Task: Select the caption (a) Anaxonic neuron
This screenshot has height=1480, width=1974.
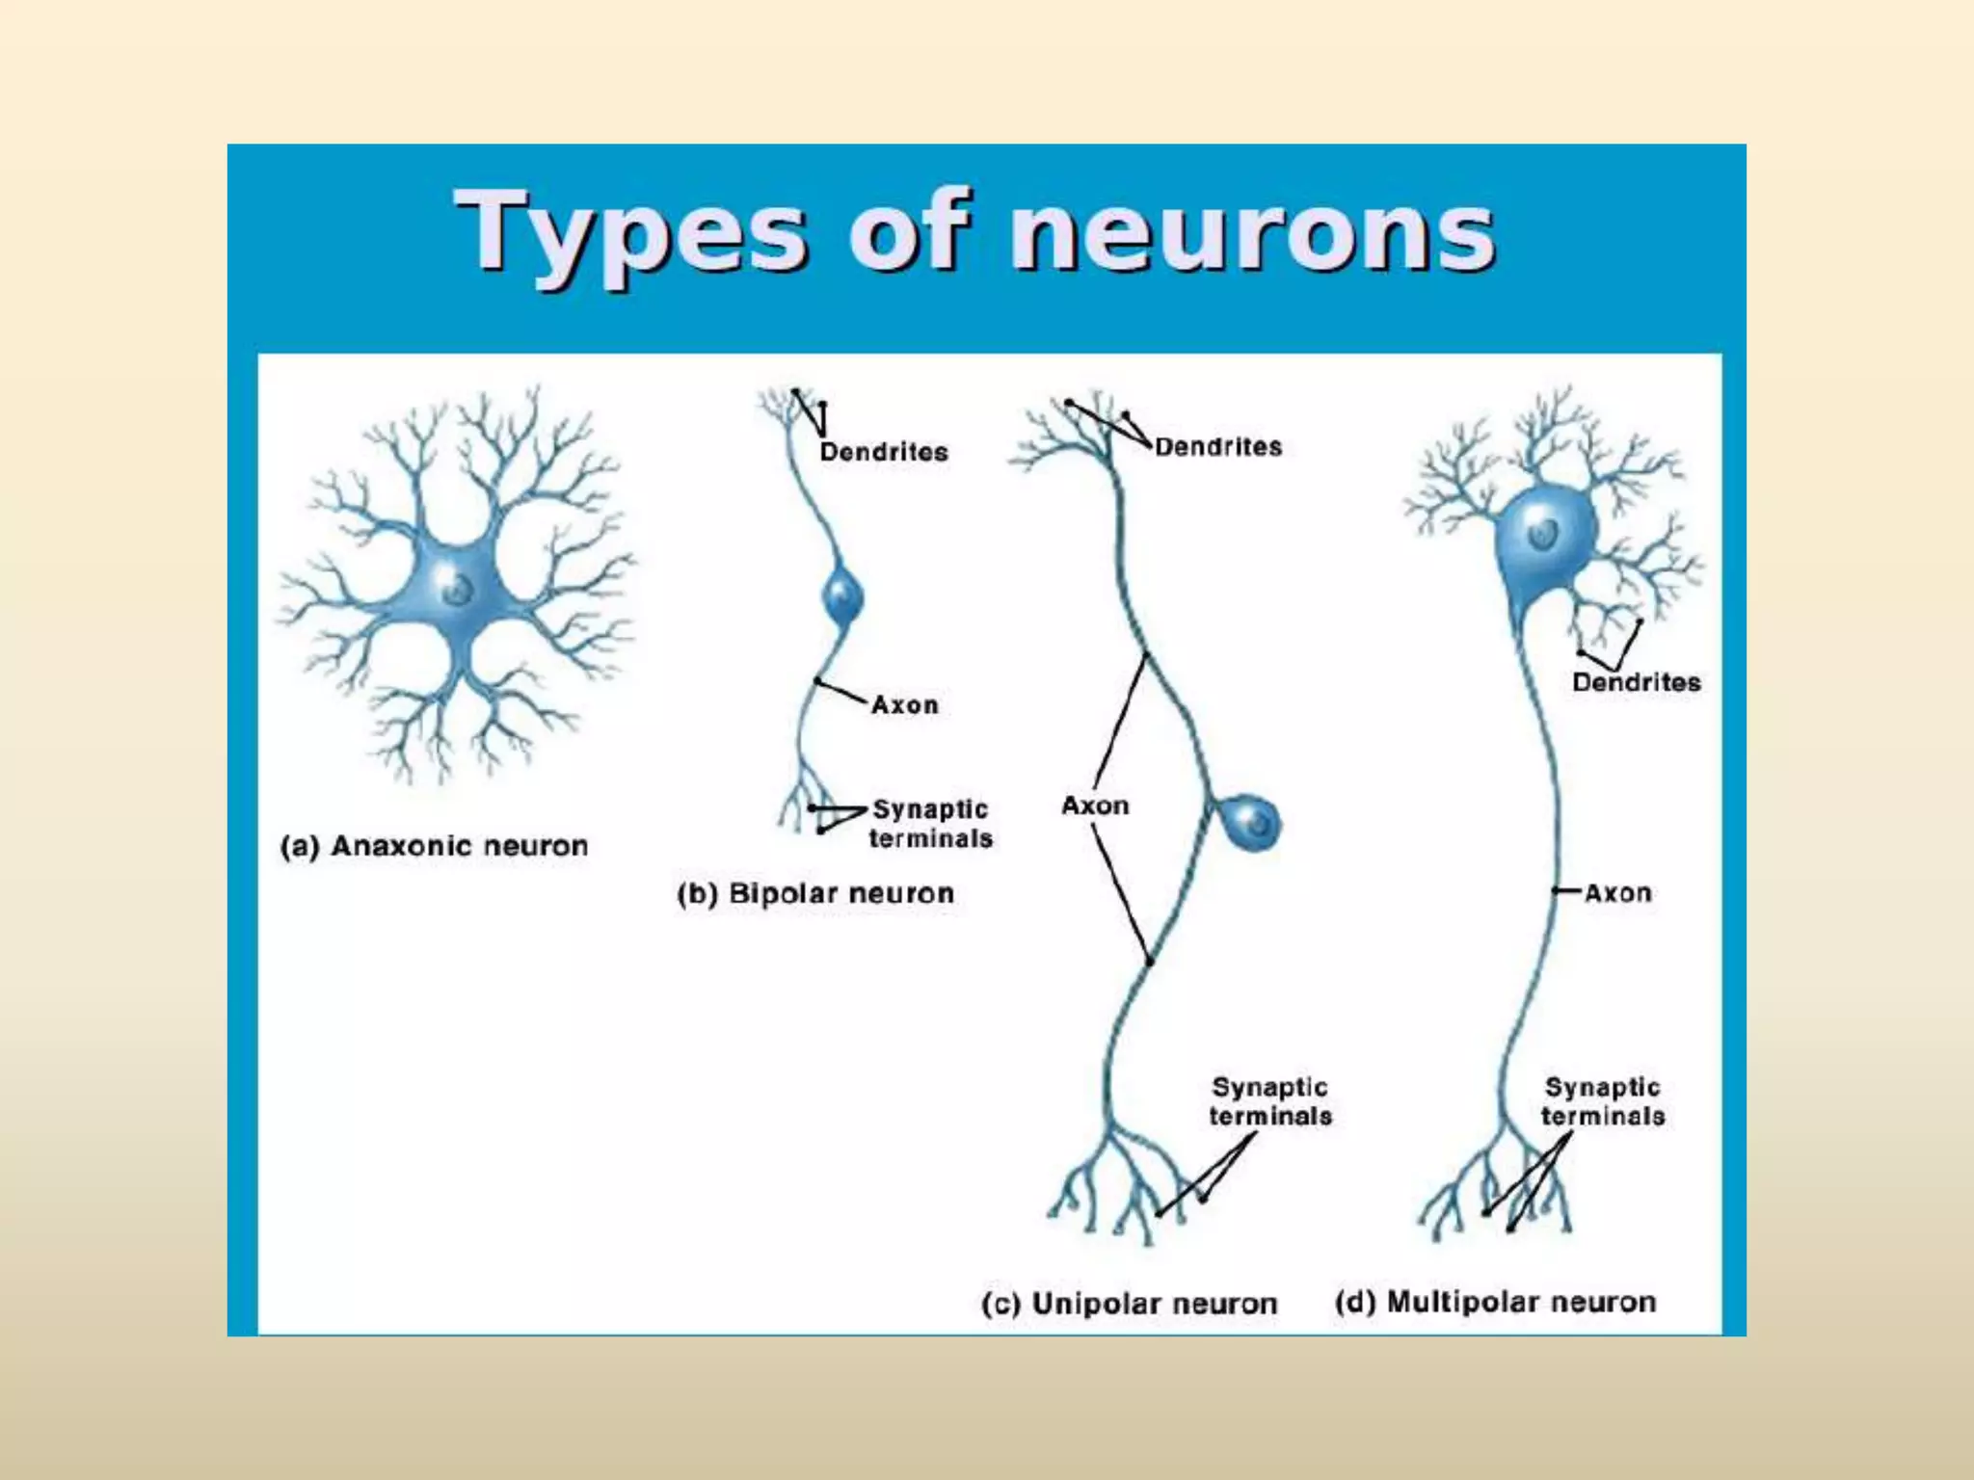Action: [x=434, y=846]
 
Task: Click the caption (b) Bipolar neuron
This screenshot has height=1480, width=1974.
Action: [x=815, y=893]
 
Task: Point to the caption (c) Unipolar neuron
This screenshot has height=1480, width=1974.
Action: [x=1129, y=1303]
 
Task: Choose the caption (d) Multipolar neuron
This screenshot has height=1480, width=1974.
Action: [x=1495, y=1302]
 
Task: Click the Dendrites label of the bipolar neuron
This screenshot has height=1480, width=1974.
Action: [x=884, y=452]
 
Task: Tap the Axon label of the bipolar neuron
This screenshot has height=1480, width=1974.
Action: [x=904, y=704]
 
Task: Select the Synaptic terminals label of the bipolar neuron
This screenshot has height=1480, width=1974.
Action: [x=930, y=824]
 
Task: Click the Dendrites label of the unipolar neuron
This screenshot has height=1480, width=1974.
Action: [x=1218, y=447]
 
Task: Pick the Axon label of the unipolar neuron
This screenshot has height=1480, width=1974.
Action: [x=1095, y=806]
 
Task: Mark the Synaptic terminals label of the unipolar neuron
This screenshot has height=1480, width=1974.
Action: [x=1270, y=1101]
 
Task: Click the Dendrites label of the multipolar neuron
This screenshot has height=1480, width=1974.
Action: [x=1636, y=682]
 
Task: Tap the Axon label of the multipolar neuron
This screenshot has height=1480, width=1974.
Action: [x=1617, y=893]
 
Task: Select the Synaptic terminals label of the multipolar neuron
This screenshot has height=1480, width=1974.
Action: [x=1602, y=1101]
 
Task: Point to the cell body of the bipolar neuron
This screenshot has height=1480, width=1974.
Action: [x=842, y=598]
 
